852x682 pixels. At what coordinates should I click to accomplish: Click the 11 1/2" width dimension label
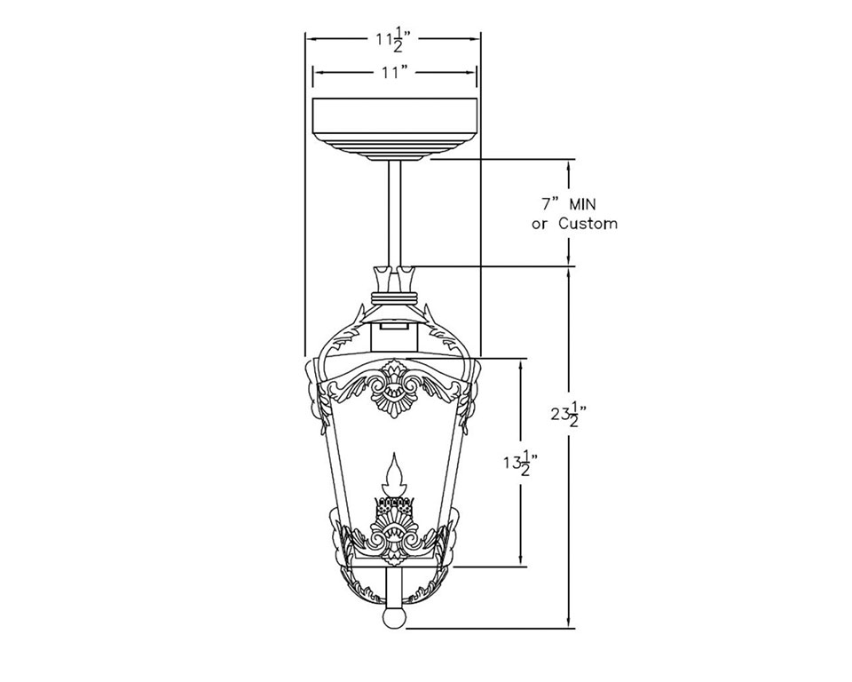(392, 40)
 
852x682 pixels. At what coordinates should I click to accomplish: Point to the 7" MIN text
(569, 205)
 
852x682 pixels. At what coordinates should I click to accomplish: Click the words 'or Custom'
(574, 224)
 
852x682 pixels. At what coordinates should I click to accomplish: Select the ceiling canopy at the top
(395, 130)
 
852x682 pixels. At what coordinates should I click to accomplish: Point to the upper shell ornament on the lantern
(392, 389)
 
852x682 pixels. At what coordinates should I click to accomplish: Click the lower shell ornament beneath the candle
(392, 535)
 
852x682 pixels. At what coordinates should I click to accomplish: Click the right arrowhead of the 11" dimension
(470, 72)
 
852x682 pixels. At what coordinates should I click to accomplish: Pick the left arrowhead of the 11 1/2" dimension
(312, 38)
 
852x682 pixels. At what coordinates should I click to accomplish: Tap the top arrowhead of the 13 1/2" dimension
(521, 366)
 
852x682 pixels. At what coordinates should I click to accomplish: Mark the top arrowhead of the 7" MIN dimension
(568, 167)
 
